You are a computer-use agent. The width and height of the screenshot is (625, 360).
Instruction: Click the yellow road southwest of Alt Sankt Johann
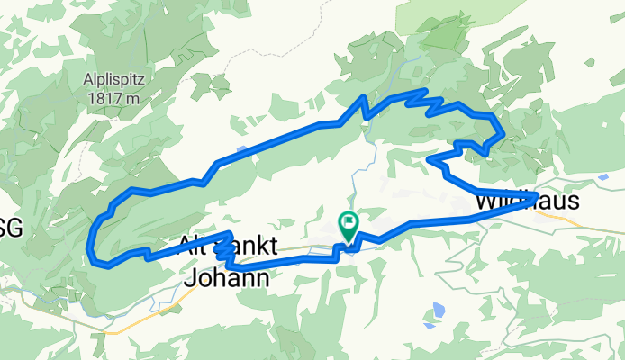pyautogui.click(x=135, y=320)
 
